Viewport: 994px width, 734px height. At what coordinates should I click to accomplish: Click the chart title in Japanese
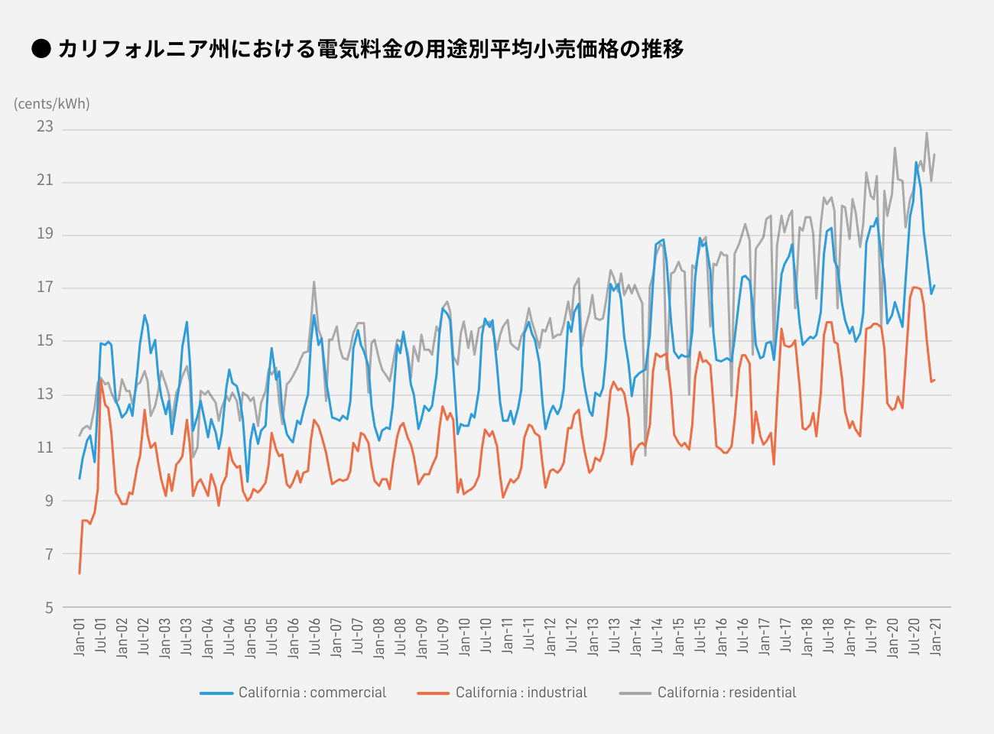[x=370, y=49]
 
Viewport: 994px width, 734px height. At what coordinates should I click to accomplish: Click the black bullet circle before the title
[x=41, y=48]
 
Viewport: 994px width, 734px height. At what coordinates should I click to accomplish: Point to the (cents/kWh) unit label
[x=52, y=104]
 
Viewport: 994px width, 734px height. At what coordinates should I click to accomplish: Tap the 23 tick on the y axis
[x=45, y=127]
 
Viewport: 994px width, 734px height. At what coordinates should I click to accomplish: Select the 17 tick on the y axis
[x=45, y=287]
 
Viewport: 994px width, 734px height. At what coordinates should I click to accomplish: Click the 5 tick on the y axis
[x=49, y=608]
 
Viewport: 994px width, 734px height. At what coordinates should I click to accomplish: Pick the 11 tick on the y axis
[x=45, y=447]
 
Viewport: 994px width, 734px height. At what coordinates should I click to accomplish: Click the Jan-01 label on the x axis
[x=80, y=637]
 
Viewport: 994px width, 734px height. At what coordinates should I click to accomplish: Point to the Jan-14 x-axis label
[x=636, y=637]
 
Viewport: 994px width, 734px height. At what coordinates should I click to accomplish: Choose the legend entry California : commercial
[x=312, y=693]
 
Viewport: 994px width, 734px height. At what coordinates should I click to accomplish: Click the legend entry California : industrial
[x=521, y=693]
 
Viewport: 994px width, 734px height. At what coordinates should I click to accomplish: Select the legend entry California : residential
[x=726, y=693]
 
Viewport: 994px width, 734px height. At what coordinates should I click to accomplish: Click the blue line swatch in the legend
[x=216, y=693]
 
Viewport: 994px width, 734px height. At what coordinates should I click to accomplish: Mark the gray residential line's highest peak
[x=927, y=133]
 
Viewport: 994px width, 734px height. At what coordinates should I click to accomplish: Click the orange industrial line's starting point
[x=80, y=573]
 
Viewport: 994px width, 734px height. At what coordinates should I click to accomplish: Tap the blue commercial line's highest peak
[x=916, y=162]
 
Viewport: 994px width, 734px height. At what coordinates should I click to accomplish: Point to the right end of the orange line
[x=934, y=380]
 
